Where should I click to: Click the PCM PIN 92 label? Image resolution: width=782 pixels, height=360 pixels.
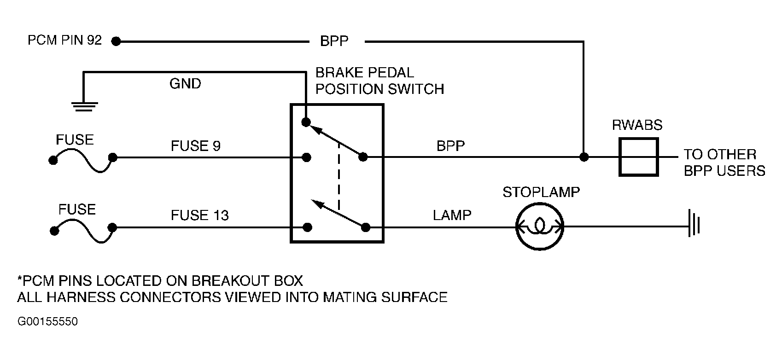(64, 40)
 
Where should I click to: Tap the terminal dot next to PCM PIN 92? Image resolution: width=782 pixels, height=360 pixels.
(116, 41)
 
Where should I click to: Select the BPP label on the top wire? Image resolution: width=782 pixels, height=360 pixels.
(334, 41)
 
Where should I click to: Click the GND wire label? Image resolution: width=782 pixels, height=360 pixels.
(185, 84)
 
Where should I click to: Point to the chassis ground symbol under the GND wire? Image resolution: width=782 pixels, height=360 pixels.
(84, 107)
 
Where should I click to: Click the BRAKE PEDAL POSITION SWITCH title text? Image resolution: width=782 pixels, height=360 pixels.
(379, 81)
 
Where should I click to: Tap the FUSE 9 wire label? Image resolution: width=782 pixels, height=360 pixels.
(195, 146)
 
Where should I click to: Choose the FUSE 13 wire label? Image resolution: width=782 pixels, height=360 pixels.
(200, 215)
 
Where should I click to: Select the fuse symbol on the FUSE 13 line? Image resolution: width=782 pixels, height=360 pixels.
(83, 231)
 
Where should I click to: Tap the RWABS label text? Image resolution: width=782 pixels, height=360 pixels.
(637, 125)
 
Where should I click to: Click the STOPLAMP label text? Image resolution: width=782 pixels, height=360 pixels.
(541, 192)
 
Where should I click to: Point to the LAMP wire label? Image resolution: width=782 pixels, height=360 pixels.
(452, 215)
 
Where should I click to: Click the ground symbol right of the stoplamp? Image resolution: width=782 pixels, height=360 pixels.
(694, 222)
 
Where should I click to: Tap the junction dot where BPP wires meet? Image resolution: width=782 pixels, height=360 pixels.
(584, 157)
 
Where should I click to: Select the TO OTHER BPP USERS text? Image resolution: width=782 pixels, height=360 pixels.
(724, 163)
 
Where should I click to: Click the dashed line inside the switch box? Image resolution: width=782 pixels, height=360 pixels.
(338, 176)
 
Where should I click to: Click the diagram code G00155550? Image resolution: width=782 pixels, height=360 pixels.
(47, 321)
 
